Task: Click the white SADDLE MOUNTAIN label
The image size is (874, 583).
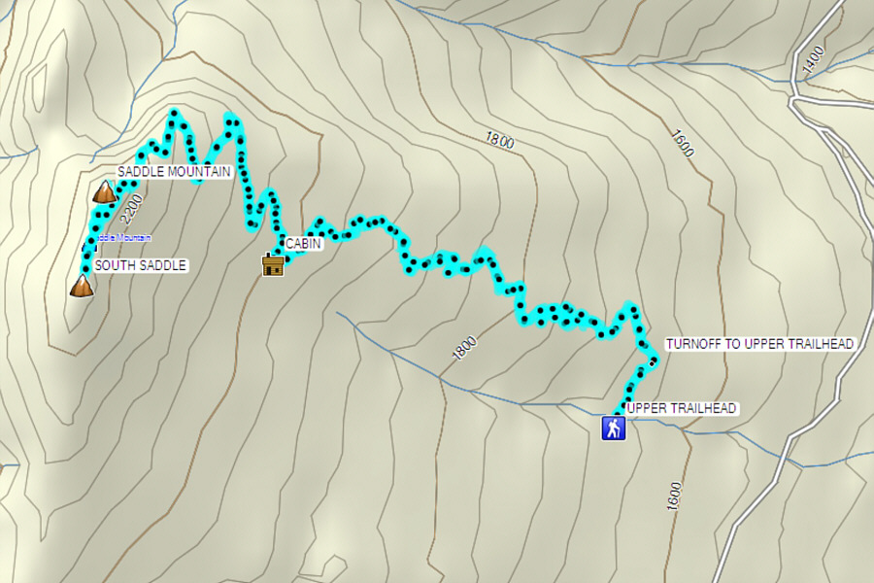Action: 174,172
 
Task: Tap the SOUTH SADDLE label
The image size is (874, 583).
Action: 140,265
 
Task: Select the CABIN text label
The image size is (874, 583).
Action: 303,245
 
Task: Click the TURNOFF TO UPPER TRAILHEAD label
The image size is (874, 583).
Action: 758,344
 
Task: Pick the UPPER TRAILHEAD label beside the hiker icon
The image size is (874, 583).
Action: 683,408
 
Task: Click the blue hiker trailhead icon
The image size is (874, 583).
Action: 613,429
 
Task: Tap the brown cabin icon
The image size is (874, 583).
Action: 273,264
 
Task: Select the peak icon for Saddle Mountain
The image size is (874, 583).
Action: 104,191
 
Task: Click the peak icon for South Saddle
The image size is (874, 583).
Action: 83,286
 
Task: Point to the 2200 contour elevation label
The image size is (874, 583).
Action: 134,205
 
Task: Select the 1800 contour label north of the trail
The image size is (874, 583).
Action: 498,140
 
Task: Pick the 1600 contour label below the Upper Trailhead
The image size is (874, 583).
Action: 674,497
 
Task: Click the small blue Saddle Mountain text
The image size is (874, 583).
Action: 124,238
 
